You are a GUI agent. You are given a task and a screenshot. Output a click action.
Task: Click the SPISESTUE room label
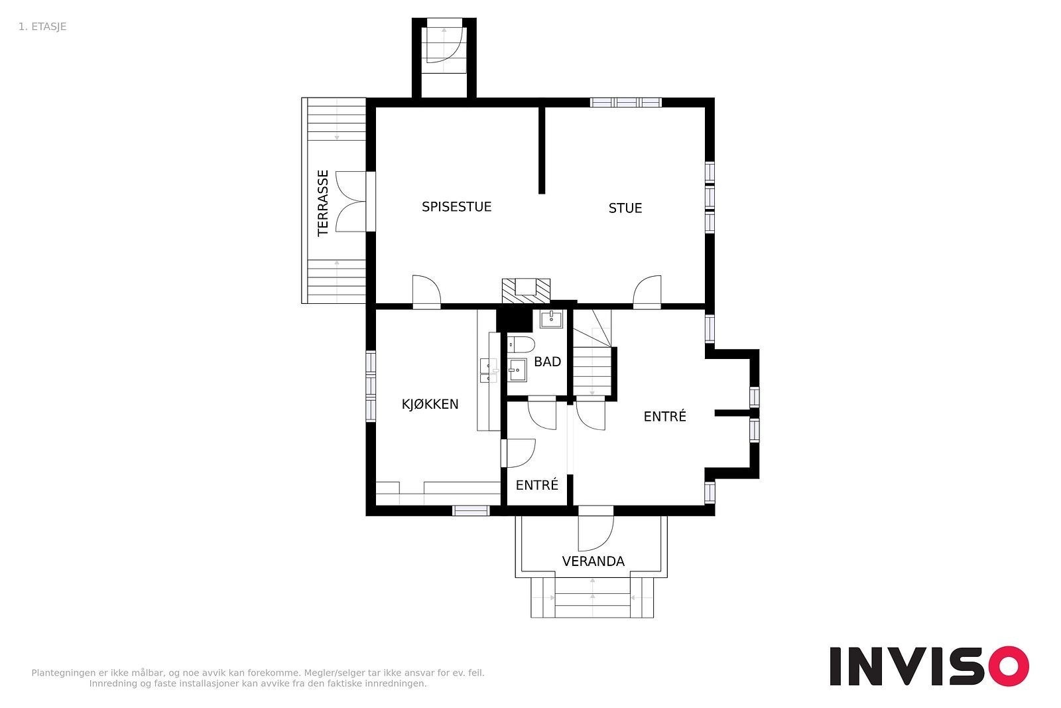click(x=457, y=206)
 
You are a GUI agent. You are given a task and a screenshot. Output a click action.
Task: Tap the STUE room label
click(x=625, y=208)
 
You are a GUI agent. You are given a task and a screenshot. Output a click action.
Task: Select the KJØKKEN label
click(x=430, y=404)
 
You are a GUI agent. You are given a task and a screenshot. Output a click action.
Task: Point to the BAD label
click(x=548, y=362)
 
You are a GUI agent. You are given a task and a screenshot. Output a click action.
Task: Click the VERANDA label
click(x=593, y=561)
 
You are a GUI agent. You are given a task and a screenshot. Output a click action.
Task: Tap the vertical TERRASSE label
click(x=323, y=203)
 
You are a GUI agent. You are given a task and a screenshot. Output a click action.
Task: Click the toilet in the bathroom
click(x=521, y=344)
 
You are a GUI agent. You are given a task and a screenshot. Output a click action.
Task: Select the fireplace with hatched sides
click(x=527, y=291)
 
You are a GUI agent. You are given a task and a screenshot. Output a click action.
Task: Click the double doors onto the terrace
click(x=351, y=202)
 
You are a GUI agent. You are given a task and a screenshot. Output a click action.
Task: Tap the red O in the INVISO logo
click(x=1009, y=666)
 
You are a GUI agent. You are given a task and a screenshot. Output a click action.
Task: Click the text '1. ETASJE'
click(x=42, y=27)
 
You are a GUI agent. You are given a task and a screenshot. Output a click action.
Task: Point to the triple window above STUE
click(x=626, y=102)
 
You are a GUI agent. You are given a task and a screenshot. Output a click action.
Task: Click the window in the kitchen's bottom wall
click(x=470, y=510)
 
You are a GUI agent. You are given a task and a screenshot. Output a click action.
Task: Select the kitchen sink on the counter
click(x=488, y=370)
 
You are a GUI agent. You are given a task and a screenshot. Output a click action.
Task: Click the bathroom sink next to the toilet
click(x=517, y=370)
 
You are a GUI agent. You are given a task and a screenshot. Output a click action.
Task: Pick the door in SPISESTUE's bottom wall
click(x=426, y=292)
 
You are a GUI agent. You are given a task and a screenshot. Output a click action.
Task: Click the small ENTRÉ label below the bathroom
click(x=536, y=485)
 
